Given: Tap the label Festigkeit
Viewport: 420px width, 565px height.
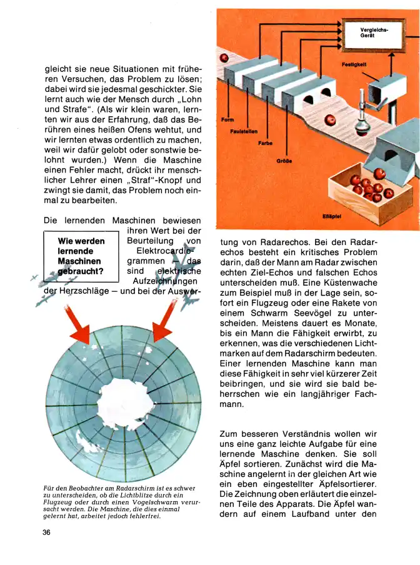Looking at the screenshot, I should pos(354,65).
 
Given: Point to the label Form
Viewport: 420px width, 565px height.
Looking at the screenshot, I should pos(227,119).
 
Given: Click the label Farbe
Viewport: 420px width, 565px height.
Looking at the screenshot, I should pos(264,144).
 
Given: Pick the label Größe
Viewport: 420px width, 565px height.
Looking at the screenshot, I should pos(284,161).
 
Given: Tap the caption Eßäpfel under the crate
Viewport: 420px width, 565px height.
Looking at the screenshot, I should pos(332,217).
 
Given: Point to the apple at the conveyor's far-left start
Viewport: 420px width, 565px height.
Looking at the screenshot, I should pos(223,58).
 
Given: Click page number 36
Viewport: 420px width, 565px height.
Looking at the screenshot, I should pos(47,532).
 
